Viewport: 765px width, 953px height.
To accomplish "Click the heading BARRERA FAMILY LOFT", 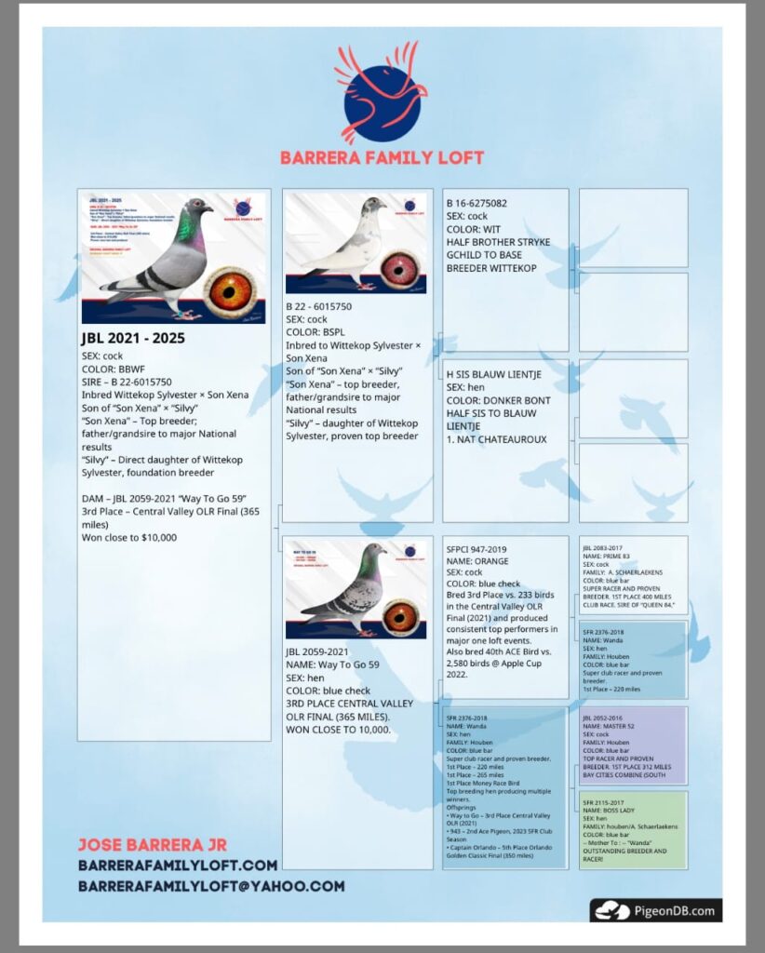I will [382, 157].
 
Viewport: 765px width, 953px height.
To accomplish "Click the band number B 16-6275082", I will [476, 203].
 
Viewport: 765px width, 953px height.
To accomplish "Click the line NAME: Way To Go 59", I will [335, 665].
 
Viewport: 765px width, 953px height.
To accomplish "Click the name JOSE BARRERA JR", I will [154, 845].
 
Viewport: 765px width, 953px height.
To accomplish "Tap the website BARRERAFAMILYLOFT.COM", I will [178, 866].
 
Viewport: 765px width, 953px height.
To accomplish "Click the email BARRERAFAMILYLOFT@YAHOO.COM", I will [211, 886].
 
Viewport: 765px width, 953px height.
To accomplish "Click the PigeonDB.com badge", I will [655, 910].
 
